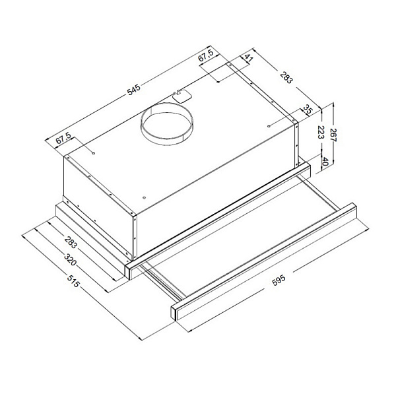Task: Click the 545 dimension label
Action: pos(133,90)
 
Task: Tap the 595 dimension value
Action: pos(279,280)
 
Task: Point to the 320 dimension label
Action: pos(70,259)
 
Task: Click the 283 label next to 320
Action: pos(71,242)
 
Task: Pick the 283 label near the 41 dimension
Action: pos(286,77)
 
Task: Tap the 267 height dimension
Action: pos(334,135)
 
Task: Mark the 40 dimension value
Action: pos(325,162)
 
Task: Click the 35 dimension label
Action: pos(308,110)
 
